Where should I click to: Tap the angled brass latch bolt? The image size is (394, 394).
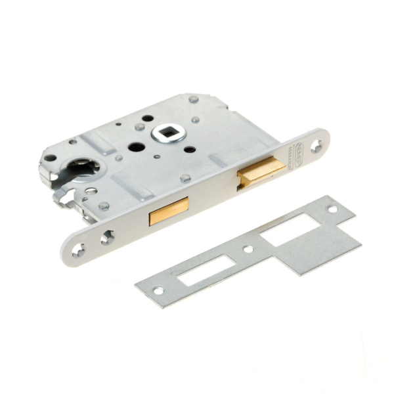pos(261,172)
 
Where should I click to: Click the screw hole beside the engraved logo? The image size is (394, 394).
pos(315,145)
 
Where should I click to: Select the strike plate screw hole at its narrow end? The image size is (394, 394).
pos(158,290)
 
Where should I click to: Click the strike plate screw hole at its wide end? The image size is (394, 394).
pos(332,209)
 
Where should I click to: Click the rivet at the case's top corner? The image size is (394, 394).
pos(193,99)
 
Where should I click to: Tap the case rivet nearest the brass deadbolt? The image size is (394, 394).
pos(186,177)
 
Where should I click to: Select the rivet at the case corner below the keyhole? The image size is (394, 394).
pos(103,206)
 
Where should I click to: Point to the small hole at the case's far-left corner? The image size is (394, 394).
pos(49,158)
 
